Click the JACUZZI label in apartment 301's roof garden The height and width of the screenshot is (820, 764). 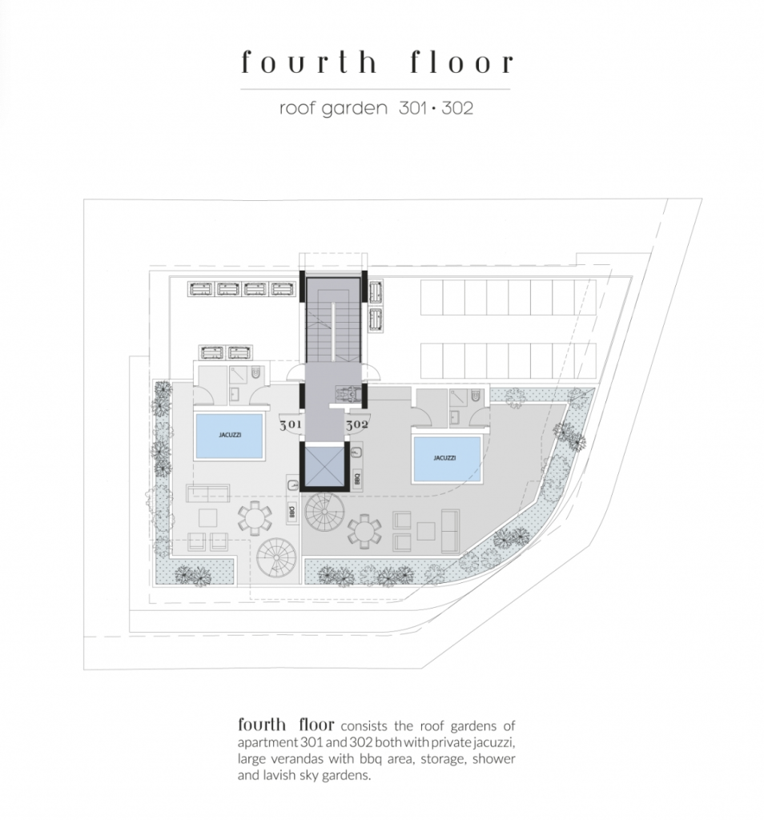point(230,435)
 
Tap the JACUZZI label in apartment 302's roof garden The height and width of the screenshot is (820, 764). point(444,457)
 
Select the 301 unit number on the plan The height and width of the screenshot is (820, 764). point(290,424)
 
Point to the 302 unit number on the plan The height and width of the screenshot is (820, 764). point(356,424)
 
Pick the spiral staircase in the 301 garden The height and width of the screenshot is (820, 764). point(276,558)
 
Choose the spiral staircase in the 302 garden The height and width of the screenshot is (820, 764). point(325,512)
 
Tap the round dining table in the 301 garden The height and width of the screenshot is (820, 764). point(255,518)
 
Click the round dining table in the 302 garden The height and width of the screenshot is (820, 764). point(364,532)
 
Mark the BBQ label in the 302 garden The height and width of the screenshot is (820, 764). point(357,479)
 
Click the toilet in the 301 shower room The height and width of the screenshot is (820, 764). point(255,373)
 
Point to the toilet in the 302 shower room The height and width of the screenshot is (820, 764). point(476,396)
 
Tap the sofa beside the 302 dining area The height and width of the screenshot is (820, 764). point(450,532)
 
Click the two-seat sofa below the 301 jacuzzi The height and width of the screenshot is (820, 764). point(207,492)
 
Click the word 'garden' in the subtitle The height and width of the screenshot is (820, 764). point(354,109)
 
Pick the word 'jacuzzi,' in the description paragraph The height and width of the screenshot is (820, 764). point(490,742)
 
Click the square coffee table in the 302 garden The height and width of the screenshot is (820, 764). point(426,532)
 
